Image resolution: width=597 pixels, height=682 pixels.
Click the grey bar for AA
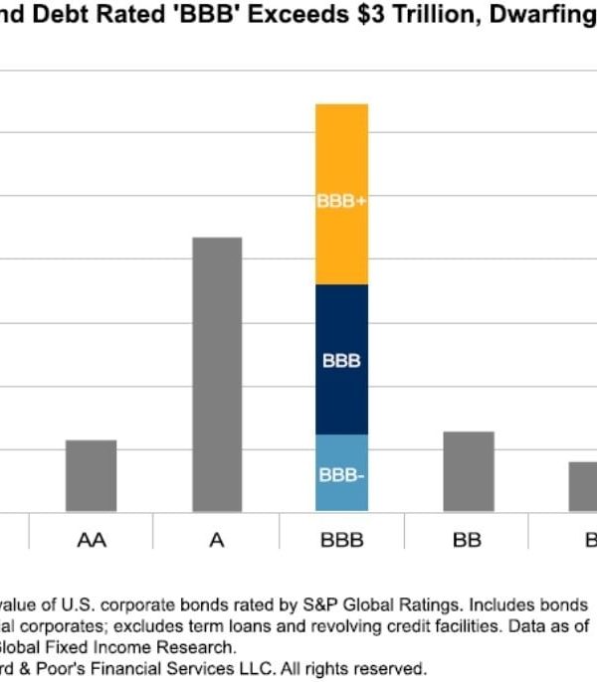tap(91, 475)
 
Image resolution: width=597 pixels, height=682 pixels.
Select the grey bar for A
tap(217, 374)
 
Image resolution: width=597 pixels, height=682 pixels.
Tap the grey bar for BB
tap(469, 471)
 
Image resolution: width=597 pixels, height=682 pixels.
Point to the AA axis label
tap(92, 541)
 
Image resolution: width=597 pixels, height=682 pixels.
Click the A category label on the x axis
tap(217, 541)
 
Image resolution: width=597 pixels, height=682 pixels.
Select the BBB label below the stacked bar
tap(341, 541)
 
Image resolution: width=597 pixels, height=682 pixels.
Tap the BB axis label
tap(467, 541)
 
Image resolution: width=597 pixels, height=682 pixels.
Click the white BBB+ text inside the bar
tap(341, 200)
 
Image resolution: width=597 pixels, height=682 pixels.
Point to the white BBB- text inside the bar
tap(341, 475)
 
